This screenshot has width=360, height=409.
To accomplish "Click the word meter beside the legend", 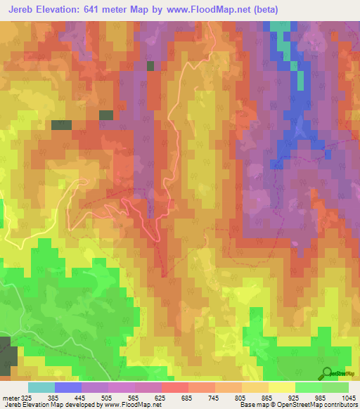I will [x=11, y=398].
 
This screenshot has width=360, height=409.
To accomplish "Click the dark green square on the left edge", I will [x=5, y=355].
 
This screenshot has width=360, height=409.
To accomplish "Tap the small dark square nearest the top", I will [x=150, y=65].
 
